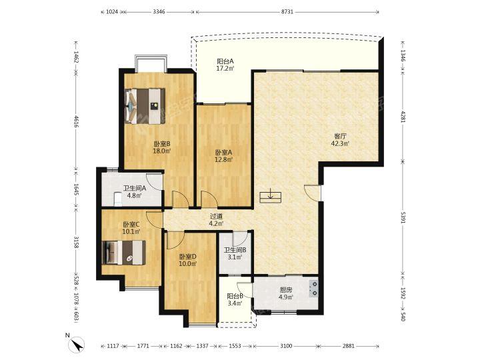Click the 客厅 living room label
tap(340, 136)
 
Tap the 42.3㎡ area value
tap(340, 143)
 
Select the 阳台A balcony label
tap(225, 61)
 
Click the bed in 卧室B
tap(145, 106)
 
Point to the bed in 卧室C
tap(124, 253)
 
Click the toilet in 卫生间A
tap(117, 199)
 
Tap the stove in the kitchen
tap(313, 289)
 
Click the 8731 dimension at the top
tap(287, 12)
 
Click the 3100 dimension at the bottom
tap(286, 346)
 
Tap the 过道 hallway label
tap(216, 217)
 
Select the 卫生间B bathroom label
tap(235, 250)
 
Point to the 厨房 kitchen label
tap(286, 289)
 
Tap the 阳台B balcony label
tap(235, 296)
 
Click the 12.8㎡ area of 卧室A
tap(224, 159)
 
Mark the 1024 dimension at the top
tap(112, 12)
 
